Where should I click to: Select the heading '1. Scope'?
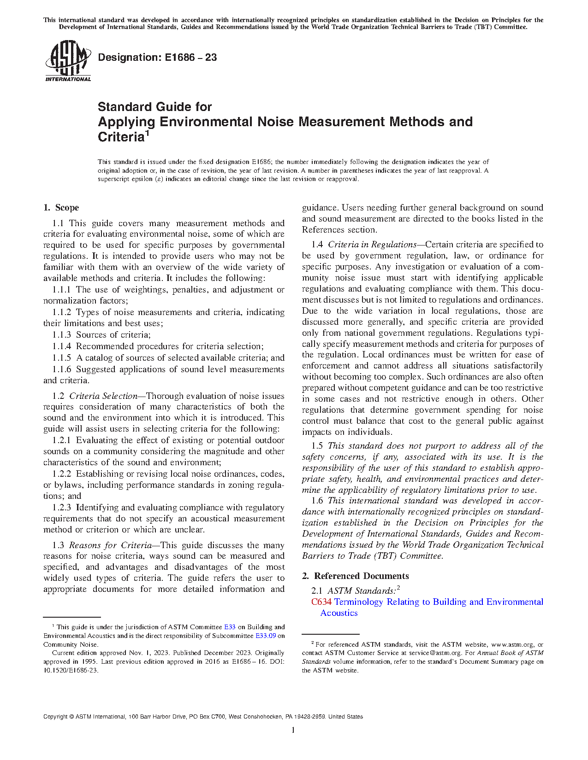click(x=61, y=207)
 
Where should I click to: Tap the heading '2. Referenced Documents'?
click(x=355, y=576)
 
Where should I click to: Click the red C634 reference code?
click(x=321, y=602)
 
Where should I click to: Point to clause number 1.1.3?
click(x=61, y=335)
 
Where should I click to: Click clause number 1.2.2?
click(x=61, y=474)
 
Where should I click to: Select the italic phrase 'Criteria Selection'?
click(x=103, y=396)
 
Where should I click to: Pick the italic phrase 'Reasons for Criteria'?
click(x=110, y=545)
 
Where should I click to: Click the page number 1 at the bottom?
click(x=293, y=730)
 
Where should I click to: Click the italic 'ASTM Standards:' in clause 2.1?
click(x=362, y=591)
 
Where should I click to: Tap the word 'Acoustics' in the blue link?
click(x=339, y=613)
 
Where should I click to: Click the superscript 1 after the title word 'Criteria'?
click(x=148, y=134)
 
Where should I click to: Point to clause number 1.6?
click(x=317, y=501)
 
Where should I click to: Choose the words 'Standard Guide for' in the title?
click(x=154, y=107)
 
